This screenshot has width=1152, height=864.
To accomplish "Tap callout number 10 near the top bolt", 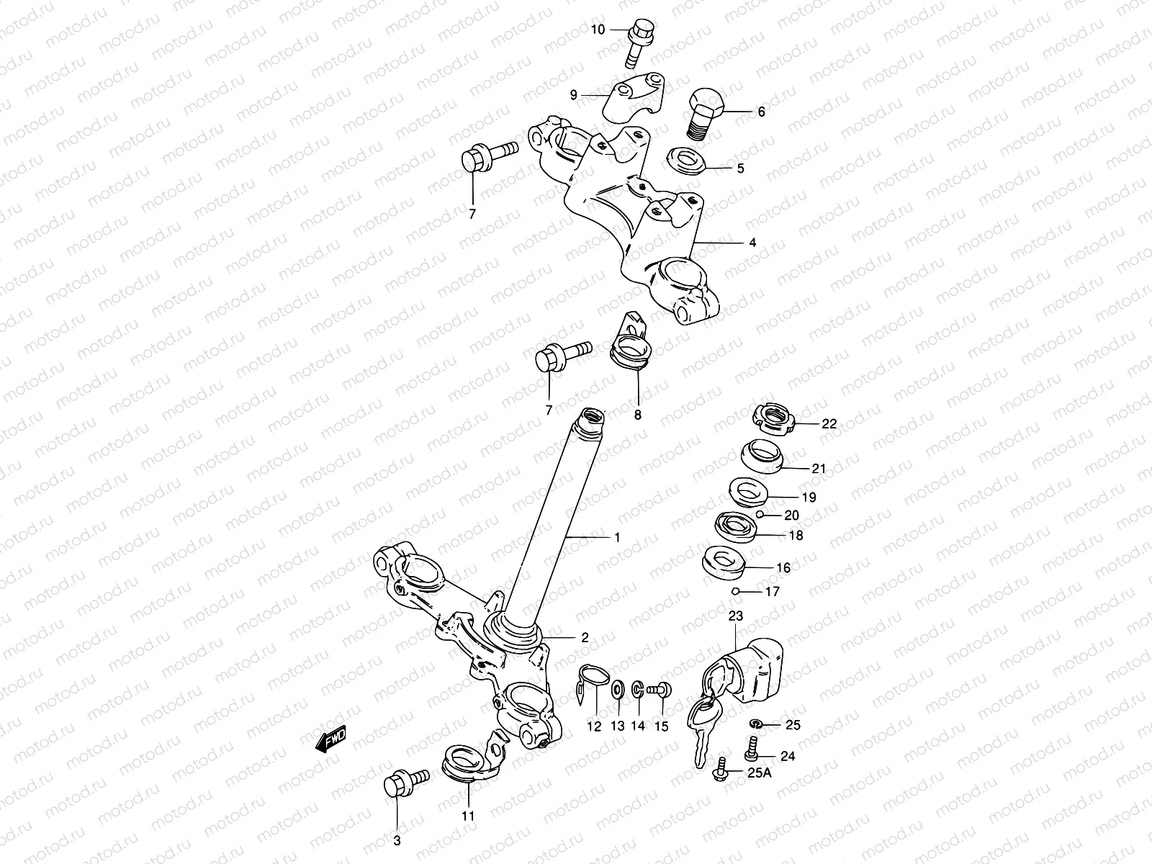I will (598, 30).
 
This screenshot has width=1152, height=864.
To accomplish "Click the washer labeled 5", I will (685, 159).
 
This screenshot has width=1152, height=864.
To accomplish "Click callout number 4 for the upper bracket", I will (752, 243).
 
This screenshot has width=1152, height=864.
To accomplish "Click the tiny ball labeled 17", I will (735, 592).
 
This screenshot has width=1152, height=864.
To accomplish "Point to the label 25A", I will (758, 774).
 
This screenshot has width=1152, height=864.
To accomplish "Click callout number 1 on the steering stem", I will (616, 537).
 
